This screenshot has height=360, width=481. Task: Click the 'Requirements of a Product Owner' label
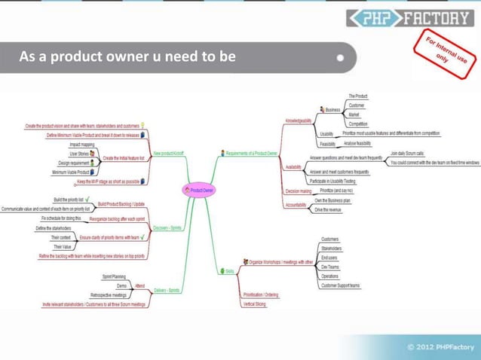252,153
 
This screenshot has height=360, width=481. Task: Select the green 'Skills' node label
228,270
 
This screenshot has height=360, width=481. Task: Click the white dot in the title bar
341,56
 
